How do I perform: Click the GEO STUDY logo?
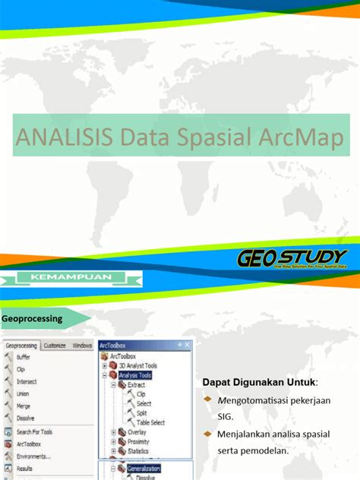click(x=292, y=260)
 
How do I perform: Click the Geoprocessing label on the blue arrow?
click(x=32, y=319)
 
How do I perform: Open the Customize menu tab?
click(x=54, y=345)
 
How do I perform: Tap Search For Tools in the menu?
click(x=34, y=431)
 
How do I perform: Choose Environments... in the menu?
click(x=33, y=456)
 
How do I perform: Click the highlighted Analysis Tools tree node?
click(x=135, y=374)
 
